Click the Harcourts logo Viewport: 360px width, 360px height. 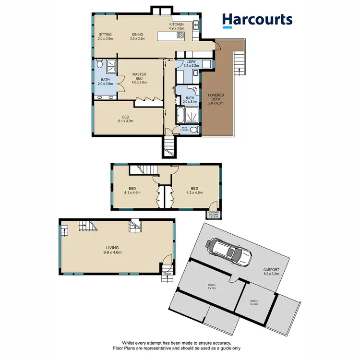[256, 20]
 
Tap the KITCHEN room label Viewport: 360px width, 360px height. [177, 26]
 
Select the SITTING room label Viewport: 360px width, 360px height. [105, 36]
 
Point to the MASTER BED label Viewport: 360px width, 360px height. [139, 78]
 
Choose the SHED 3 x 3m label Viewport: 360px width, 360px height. [254, 302]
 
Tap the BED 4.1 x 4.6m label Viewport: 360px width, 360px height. [132, 191]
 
